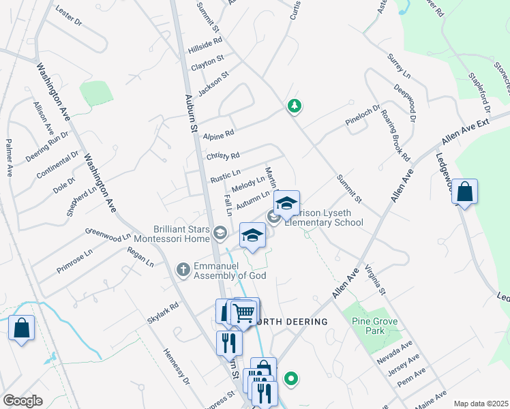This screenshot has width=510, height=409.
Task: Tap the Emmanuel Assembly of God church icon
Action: pyautogui.click(x=183, y=270)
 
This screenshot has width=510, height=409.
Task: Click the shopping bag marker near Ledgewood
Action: pyautogui.click(x=464, y=192)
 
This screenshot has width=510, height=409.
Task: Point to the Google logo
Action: pyautogui.click(x=22, y=401)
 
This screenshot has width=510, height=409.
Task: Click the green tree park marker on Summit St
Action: pyautogui.click(x=295, y=106)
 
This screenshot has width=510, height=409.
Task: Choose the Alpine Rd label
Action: pyautogui.click(x=219, y=135)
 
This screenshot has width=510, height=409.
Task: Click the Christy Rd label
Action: pyautogui.click(x=223, y=156)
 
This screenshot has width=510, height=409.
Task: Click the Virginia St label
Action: pyautogui.click(x=375, y=280)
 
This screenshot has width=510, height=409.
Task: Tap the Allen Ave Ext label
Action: pyautogui.click(x=466, y=130)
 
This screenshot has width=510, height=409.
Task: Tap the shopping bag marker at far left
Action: pyautogui.click(x=21, y=328)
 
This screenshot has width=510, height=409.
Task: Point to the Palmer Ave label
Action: pyautogui.click(x=10, y=157)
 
